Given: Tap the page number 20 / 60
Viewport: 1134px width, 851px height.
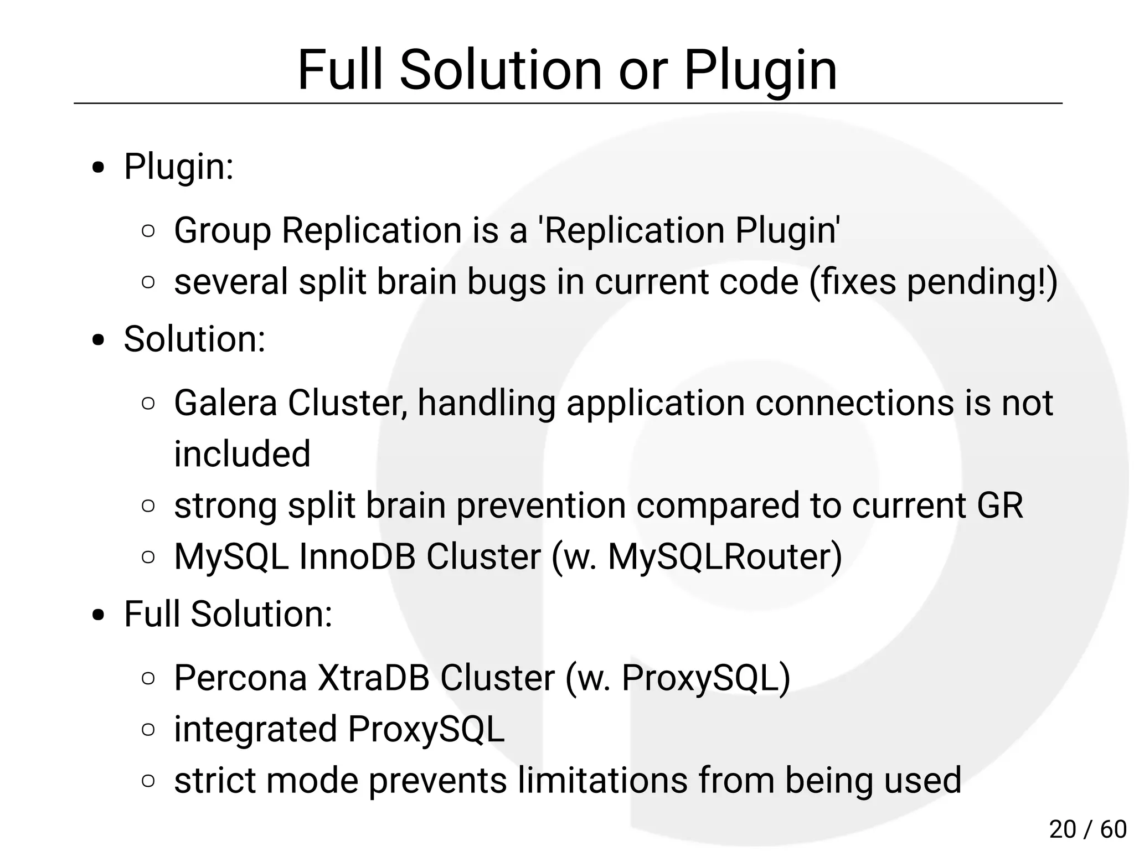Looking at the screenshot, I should tap(1087, 829).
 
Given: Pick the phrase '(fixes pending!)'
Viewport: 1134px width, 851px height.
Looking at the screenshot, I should tap(934, 282).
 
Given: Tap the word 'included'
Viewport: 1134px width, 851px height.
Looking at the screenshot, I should tap(242, 454).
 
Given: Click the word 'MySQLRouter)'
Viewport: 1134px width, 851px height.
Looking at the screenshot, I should tap(725, 556).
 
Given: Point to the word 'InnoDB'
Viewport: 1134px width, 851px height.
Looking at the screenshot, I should tap(357, 556).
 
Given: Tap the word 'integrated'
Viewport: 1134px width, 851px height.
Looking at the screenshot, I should tap(255, 729).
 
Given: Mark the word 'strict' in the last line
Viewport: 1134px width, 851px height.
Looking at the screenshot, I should tap(215, 780).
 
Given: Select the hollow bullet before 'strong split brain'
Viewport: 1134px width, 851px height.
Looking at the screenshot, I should tap(148, 506).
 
